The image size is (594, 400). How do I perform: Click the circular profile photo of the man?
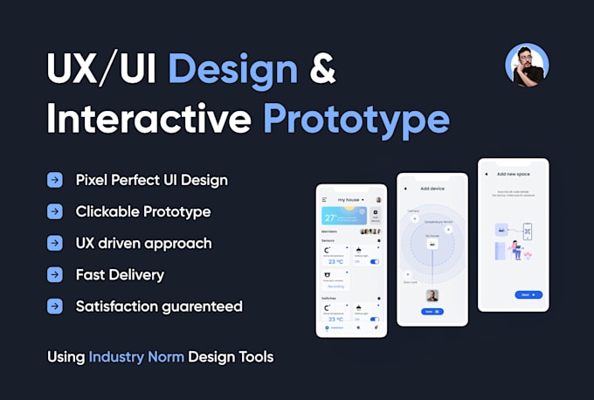point(527,66)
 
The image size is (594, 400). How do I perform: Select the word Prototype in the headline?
point(356,119)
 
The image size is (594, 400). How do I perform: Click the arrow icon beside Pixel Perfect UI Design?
point(55,181)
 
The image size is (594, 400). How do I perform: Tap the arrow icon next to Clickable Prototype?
point(55,212)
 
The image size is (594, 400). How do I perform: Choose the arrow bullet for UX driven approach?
point(55,244)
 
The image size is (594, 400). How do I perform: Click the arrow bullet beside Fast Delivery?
point(55,275)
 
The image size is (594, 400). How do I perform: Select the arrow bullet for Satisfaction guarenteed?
point(55,307)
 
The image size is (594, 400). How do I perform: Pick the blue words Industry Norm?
point(137,356)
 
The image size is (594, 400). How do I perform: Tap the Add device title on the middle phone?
point(432,189)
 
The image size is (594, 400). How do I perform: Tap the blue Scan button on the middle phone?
point(432,311)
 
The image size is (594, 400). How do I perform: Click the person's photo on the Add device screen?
point(432,295)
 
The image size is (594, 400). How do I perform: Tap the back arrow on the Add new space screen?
point(487,175)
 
